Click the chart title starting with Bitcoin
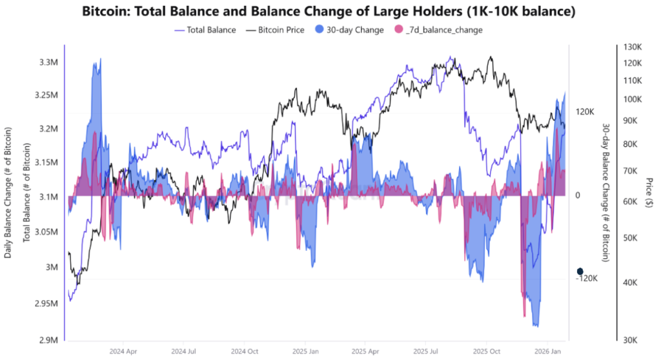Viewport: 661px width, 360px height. pyautogui.click(x=330, y=12)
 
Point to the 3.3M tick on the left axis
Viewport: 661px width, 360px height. pyautogui.click(x=49, y=63)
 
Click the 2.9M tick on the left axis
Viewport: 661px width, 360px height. pyautogui.click(x=49, y=339)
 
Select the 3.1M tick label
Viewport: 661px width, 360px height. pyautogui.click(x=49, y=196)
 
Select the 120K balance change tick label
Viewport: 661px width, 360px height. pyautogui.click(x=585, y=112)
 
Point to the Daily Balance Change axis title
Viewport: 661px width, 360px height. pyautogui.click(x=8, y=192)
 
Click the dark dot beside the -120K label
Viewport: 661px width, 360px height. pyautogui.click(x=580, y=272)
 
